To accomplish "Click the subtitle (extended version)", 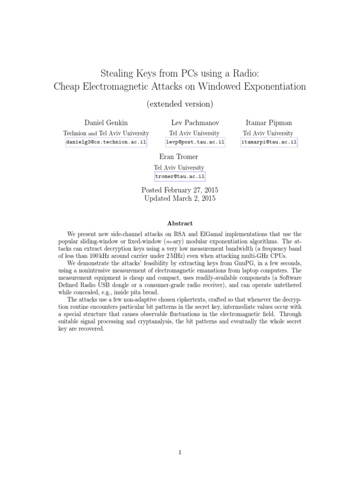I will (x=180, y=103).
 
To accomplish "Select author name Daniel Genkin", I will (x=106, y=123).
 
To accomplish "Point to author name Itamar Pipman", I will (x=269, y=123).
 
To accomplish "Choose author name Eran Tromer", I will (x=180, y=157).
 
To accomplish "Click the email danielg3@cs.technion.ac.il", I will (x=106, y=142).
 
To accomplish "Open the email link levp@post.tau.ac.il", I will (x=195, y=142).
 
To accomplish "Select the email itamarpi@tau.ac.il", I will (x=269, y=142).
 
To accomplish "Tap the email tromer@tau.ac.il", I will (x=180, y=176).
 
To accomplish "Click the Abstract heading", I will (x=180, y=224).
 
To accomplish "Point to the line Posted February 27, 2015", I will (x=180, y=190).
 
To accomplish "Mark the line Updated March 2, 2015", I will (x=180, y=198).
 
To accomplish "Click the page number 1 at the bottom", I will (x=180, y=453).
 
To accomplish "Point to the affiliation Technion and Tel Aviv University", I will (x=106, y=133).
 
